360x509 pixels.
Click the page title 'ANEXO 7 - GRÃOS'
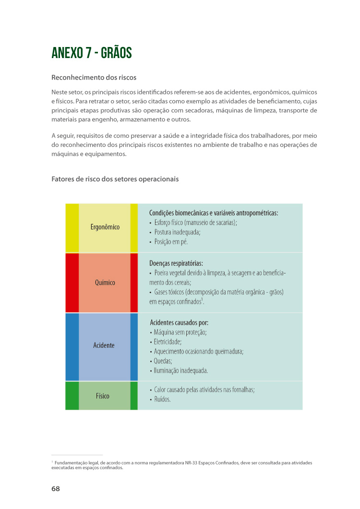click(91, 53)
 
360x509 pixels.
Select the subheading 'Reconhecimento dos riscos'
click(94, 78)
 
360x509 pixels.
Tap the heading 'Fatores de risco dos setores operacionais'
click(115, 179)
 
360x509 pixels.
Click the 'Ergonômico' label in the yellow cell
click(105, 227)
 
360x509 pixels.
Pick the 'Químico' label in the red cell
click(105, 283)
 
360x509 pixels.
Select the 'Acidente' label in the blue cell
click(104, 345)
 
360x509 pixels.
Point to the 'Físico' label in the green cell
click(103, 396)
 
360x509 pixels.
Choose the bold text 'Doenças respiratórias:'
click(176, 263)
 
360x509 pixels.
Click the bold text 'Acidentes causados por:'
click(179, 323)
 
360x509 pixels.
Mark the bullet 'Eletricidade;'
click(168, 342)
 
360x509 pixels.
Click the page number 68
click(56, 489)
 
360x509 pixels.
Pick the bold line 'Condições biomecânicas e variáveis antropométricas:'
click(214, 213)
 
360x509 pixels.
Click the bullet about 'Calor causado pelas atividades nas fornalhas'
click(204, 390)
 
